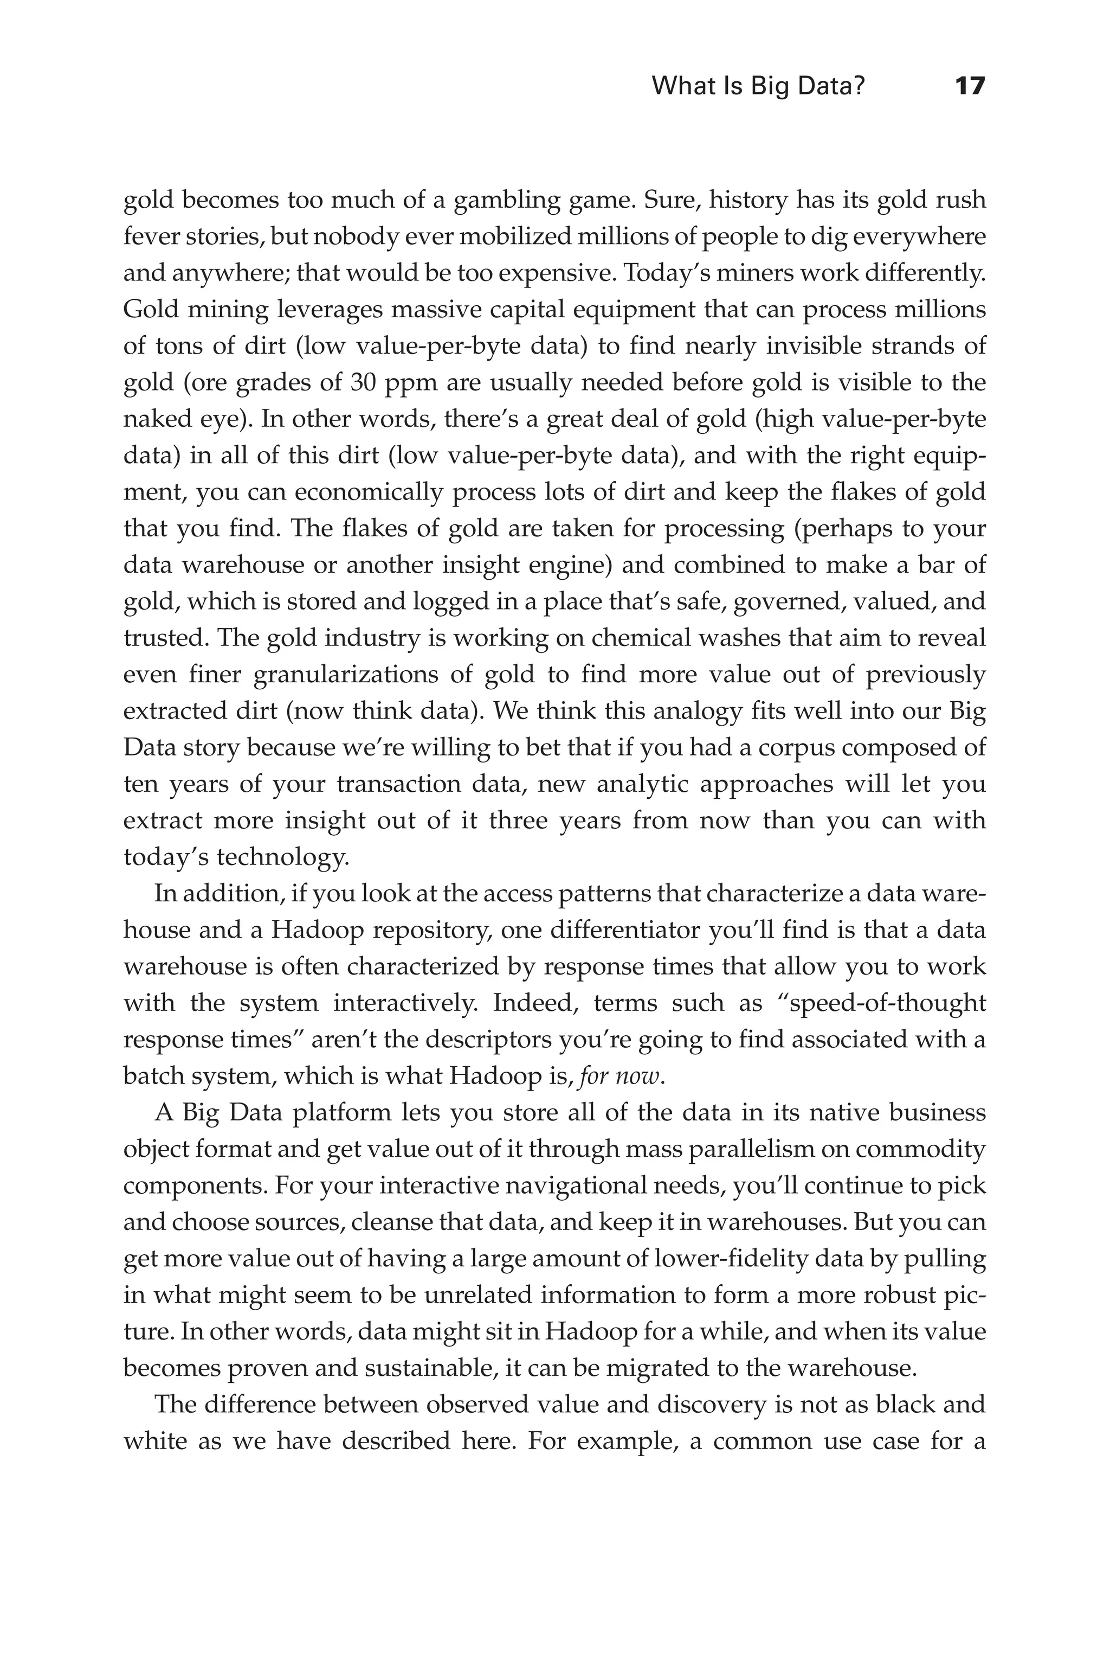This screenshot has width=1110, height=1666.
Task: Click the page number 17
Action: (969, 86)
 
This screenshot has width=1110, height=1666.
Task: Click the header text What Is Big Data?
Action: (758, 86)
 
